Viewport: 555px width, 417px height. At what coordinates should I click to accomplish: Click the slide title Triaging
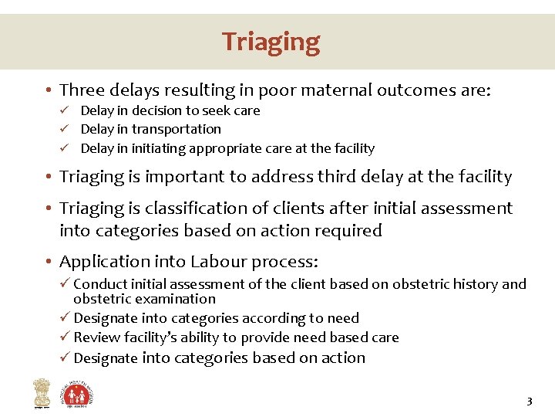tap(271, 41)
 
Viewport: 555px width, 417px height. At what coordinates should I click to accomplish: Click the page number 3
tap(529, 401)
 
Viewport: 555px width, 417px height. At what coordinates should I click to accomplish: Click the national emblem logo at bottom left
tap(40, 394)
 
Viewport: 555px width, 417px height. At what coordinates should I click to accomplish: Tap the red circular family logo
tap(78, 393)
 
